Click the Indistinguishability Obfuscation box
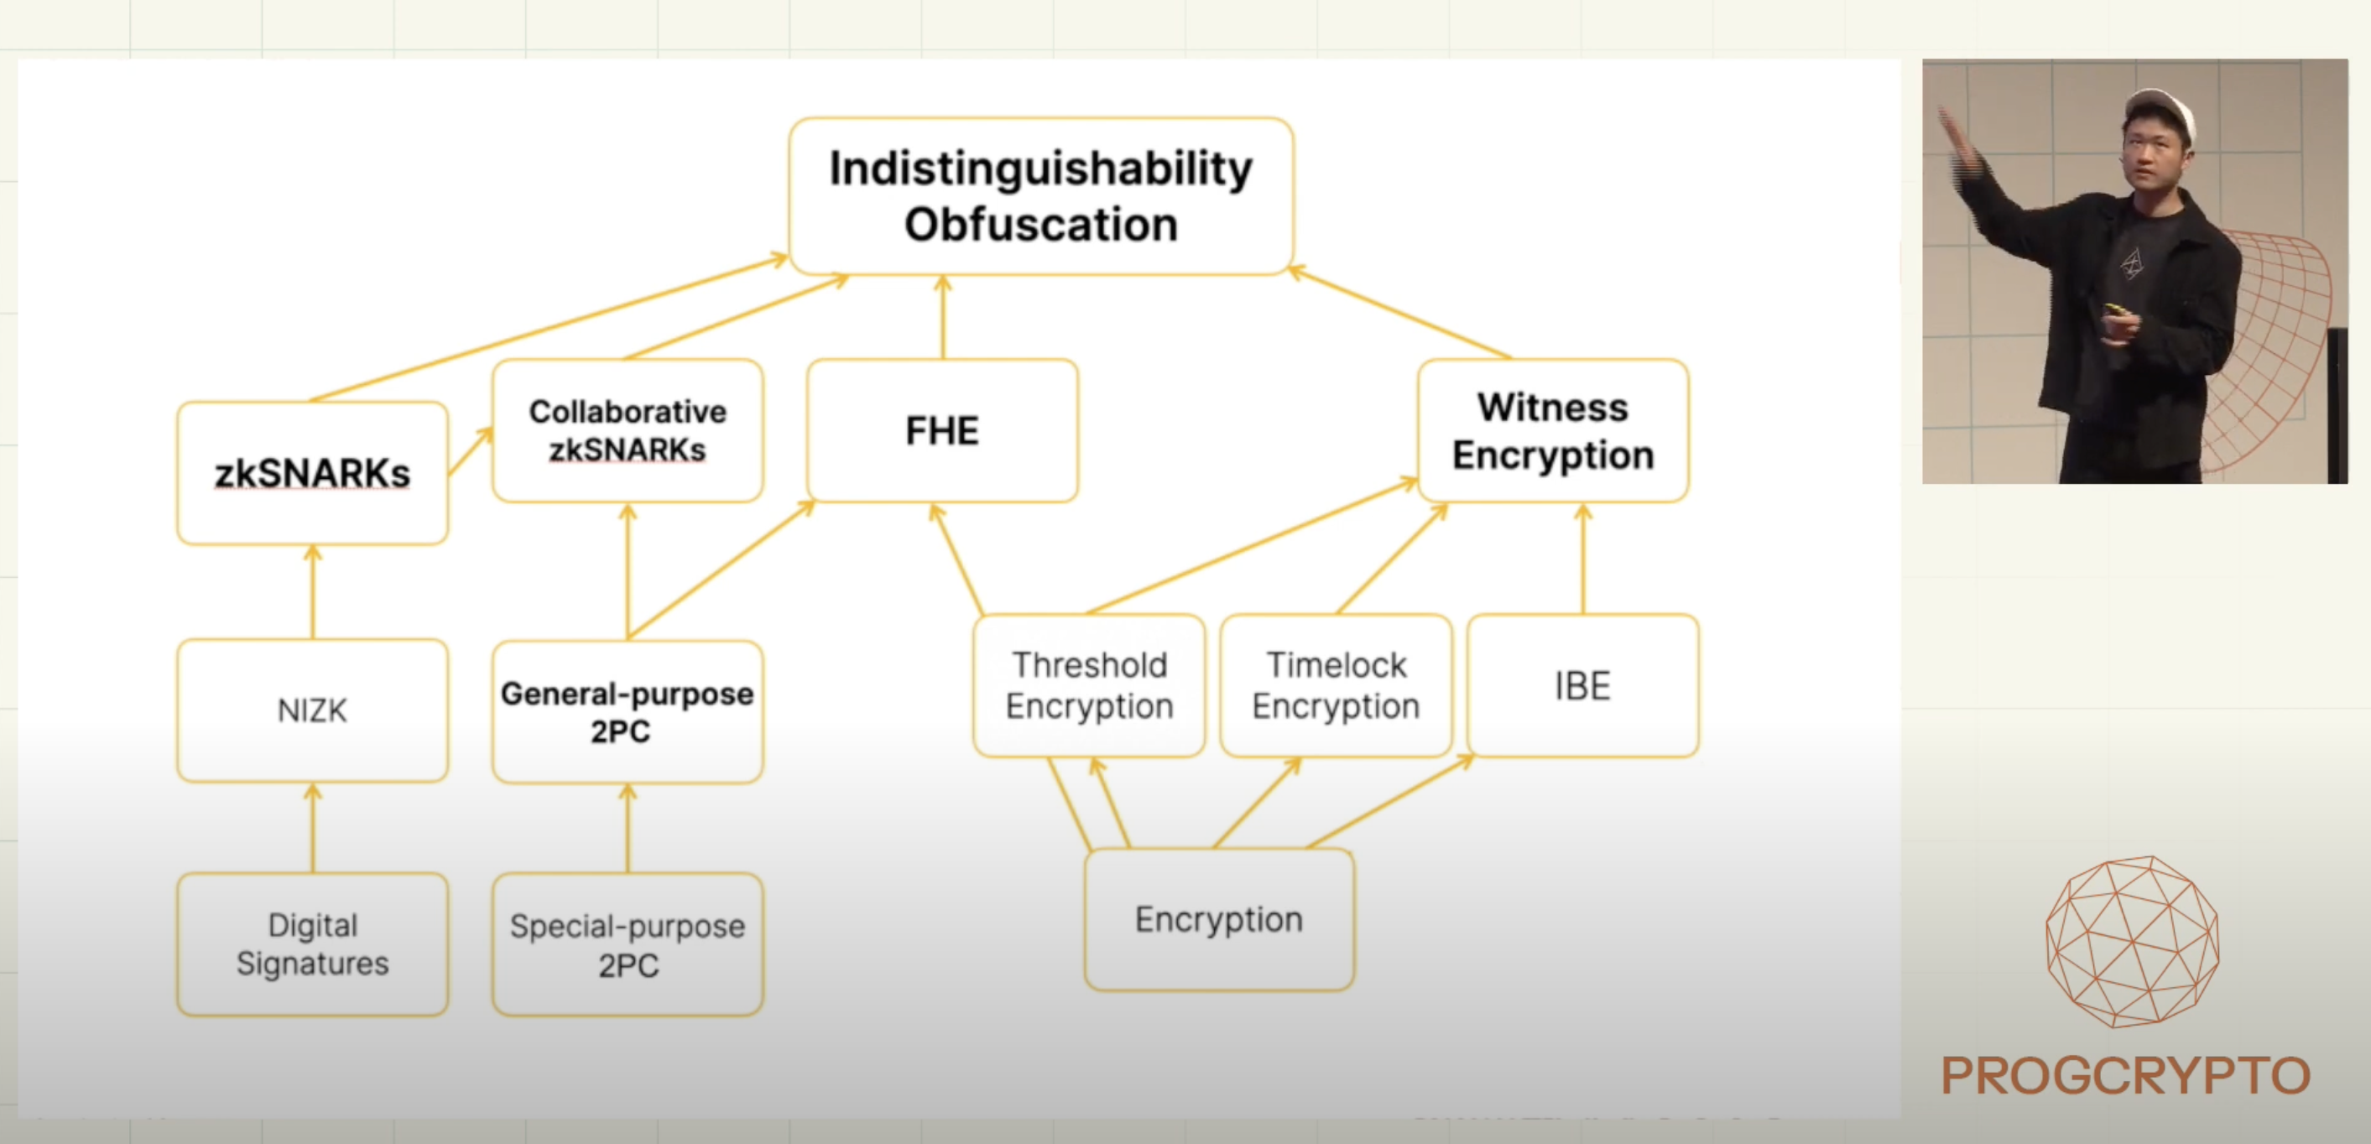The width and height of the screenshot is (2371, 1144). [1041, 196]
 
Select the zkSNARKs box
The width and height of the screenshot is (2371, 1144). [312, 473]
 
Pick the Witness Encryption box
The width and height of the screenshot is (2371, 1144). [1553, 431]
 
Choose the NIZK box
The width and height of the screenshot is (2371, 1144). [312, 710]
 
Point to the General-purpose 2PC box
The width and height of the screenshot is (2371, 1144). [628, 711]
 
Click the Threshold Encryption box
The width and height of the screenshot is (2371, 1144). [1089, 686]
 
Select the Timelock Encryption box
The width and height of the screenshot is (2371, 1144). [1336, 686]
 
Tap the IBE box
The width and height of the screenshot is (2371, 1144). [1582, 686]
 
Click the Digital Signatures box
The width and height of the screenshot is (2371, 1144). [312, 944]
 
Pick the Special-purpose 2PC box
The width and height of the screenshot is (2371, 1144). [628, 944]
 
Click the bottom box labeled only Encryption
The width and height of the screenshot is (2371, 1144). [1218, 919]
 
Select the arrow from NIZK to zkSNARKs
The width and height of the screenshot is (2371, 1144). [313, 592]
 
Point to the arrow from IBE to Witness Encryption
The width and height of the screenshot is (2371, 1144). [1583, 559]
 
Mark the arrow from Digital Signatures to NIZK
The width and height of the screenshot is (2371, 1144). [313, 828]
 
